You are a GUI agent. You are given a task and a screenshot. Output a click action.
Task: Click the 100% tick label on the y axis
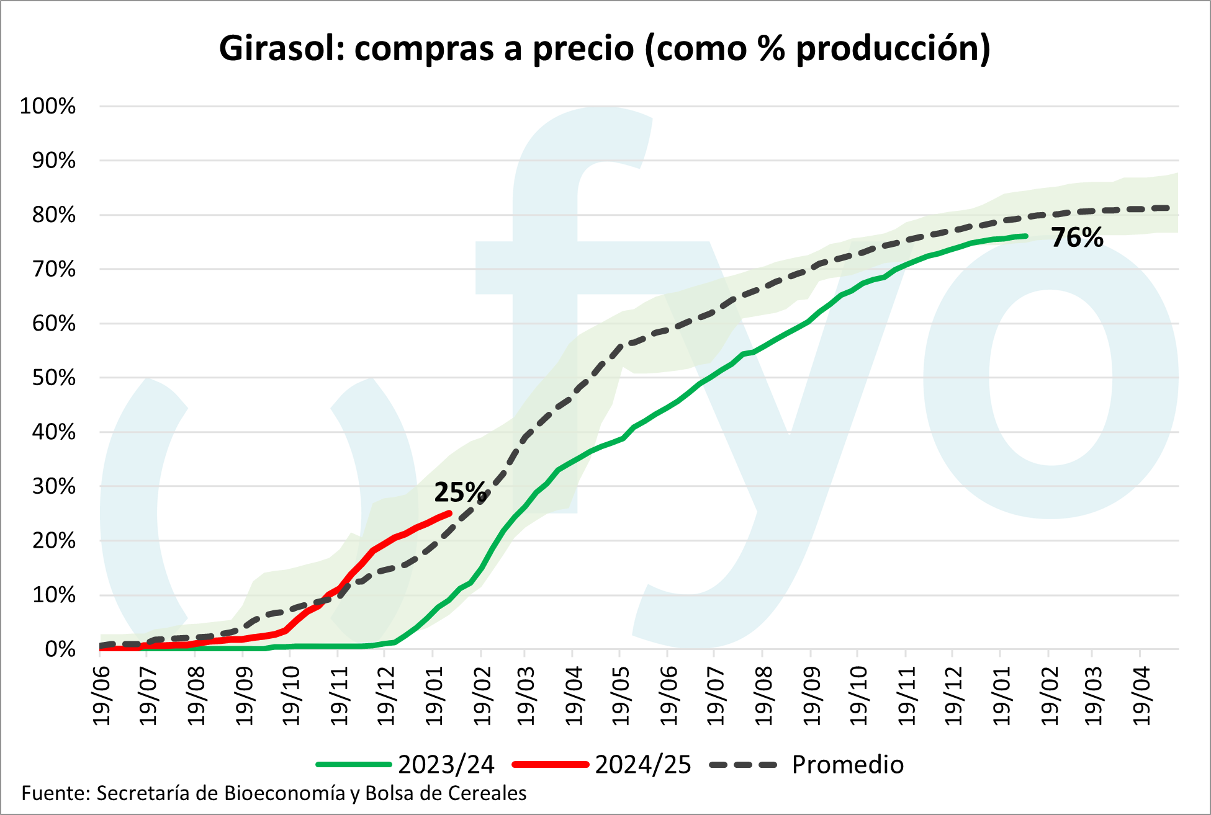[48, 106]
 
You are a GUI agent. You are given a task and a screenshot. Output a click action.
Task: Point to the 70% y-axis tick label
[53, 269]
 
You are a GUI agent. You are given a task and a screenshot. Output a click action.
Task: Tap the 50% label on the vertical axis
[53, 378]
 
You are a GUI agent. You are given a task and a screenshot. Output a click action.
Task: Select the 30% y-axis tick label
[53, 486]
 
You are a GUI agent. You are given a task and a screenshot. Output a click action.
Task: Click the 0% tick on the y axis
[60, 649]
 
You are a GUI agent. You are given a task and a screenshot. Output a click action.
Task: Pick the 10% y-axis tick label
[53, 595]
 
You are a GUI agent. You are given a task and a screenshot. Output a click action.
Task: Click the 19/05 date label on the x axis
[620, 695]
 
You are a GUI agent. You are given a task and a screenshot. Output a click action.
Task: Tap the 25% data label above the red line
[460, 492]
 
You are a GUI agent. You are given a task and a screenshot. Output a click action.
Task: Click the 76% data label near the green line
[1077, 238]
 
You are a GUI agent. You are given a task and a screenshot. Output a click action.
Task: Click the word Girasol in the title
[281, 48]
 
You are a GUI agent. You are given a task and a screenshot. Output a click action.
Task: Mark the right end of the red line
[450, 512]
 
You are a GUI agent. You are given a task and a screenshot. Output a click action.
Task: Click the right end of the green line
[1026, 236]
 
